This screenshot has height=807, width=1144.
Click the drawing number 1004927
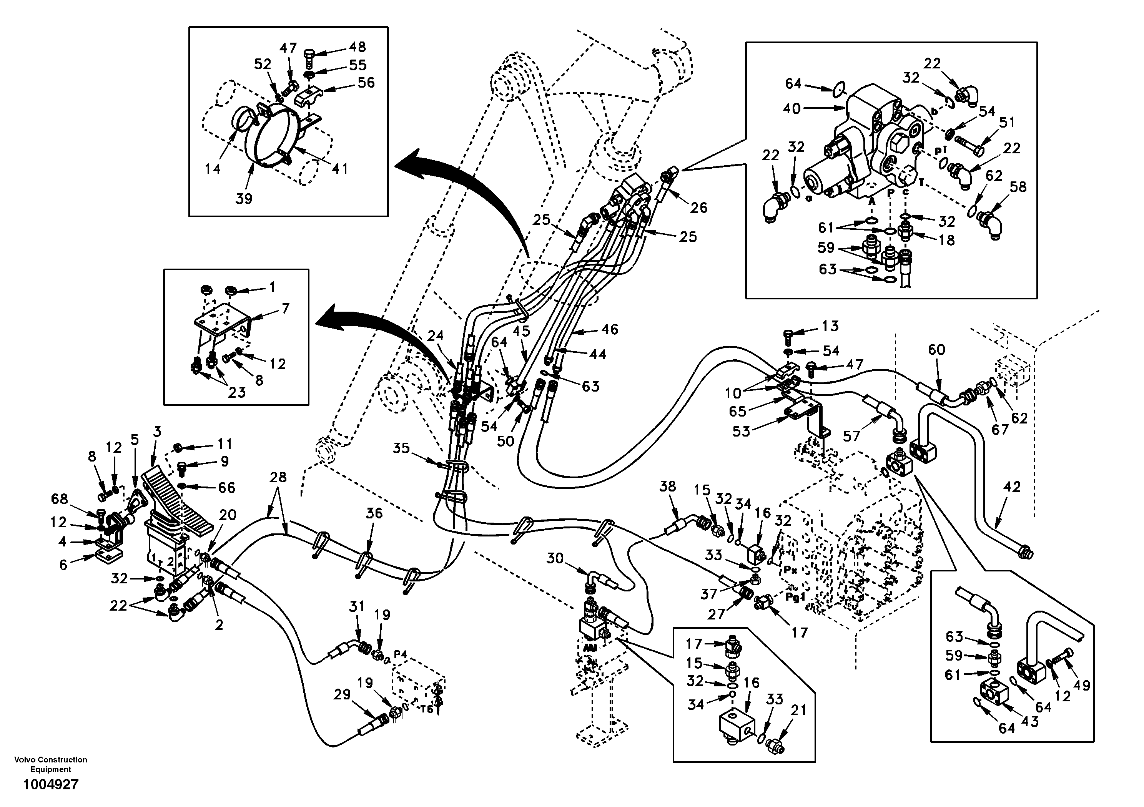point(50,785)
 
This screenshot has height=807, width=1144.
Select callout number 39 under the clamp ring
point(244,199)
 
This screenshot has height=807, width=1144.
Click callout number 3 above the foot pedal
point(157,432)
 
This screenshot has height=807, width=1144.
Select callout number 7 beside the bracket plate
point(285,309)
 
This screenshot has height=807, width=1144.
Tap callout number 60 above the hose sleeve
point(936,350)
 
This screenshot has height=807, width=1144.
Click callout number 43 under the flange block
point(1030,721)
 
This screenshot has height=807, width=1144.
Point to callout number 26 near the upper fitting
point(698,208)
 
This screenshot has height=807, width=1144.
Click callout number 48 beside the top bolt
point(357,47)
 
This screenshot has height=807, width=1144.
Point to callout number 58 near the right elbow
point(1018,187)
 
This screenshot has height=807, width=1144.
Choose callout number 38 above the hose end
point(668,486)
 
